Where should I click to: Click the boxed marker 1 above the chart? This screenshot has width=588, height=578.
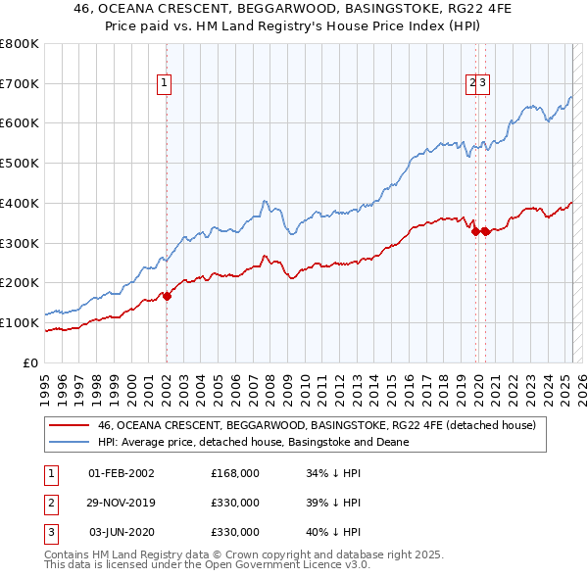tap(165, 84)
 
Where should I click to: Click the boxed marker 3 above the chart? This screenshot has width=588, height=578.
tap(484, 84)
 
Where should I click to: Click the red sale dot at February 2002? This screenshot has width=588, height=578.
tap(167, 295)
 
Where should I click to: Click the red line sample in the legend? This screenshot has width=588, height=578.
tap(69, 426)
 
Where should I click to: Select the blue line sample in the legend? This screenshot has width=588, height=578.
tap(69, 442)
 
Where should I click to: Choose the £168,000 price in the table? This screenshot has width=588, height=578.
tap(235, 473)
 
